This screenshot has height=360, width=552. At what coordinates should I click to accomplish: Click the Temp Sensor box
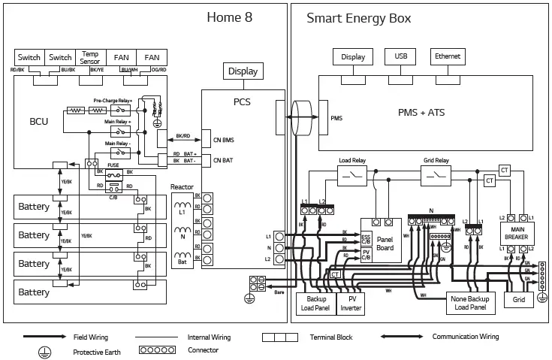coord(91,58)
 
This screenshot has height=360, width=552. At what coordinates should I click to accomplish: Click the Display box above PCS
coord(243,71)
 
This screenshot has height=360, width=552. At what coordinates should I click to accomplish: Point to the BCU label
coord(38,121)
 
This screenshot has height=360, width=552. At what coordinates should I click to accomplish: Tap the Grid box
coord(518,299)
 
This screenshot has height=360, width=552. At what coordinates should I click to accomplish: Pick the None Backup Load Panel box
coord(471,302)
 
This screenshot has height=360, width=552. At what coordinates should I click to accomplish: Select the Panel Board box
coord(385,244)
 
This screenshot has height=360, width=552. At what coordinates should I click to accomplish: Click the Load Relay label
coord(352,161)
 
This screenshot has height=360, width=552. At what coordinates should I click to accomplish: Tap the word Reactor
coord(182,186)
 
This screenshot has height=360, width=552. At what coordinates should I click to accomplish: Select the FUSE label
coord(113,165)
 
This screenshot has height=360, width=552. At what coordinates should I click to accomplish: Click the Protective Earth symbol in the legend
coord(44,352)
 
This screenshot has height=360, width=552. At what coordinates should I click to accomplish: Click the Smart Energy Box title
coord(358,18)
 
